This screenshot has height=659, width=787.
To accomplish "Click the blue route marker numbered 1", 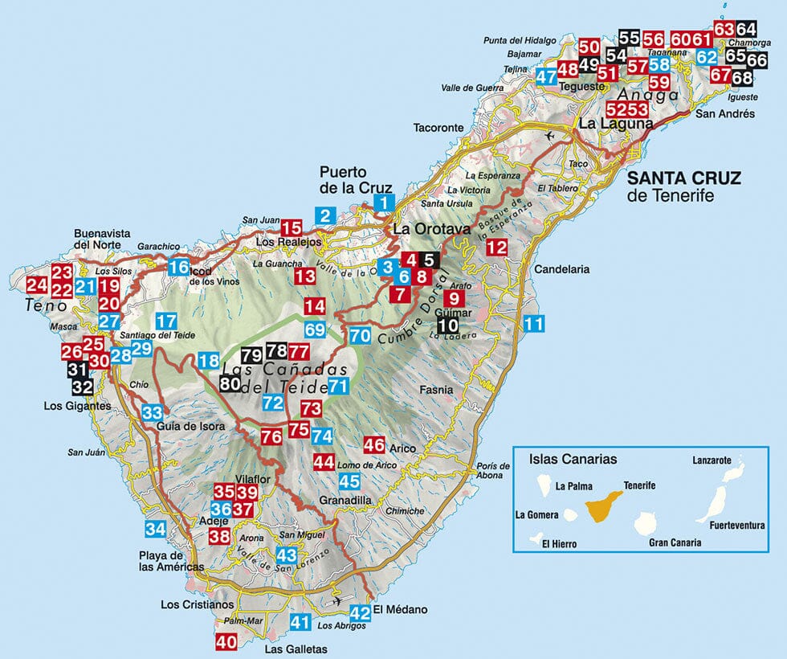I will pyautogui.click(x=386, y=203).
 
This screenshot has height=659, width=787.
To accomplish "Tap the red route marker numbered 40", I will pyautogui.click(x=226, y=642).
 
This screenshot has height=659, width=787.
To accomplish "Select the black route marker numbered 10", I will pyautogui.click(x=449, y=325).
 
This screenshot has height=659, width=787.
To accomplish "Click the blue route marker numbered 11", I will pyautogui.click(x=533, y=324).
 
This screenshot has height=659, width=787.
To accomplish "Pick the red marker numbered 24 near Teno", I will pyautogui.click(x=36, y=284).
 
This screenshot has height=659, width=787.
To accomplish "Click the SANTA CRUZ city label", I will pyautogui.click(x=684, y=177).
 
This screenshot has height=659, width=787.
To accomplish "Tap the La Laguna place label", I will pyautogui.click(x=608, y=124).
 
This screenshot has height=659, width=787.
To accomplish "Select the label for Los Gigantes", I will pyautogui.click(x=77, y=407).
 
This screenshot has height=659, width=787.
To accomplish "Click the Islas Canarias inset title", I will pyautogui.click(x=573, y=460).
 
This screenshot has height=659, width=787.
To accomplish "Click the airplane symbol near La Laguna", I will pyautogui.click(x=549, y=136).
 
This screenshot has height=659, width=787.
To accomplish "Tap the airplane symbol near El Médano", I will pyautogui.click(x=338, y=601).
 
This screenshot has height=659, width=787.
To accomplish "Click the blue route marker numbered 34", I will pyautogui.click(x=155, y=529).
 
